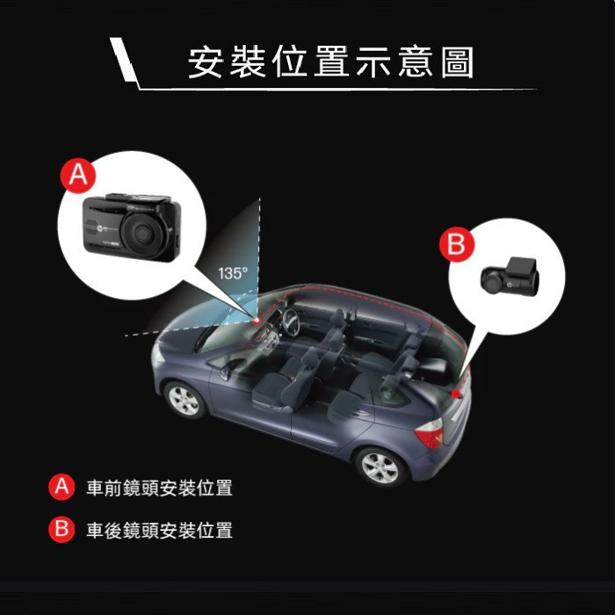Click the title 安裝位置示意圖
[x=330, y=62]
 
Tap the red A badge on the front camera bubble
[x=78, y=176]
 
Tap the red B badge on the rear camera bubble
[x=457, y=244]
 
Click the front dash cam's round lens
[x=142, y=234]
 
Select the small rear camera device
[x=510, y=277]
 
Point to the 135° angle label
[x=233, y=273]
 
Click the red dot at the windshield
[x=257, y=322]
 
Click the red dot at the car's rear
[x=456, y=394]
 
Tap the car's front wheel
[x=184, y=400]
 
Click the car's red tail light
[x=430, y=433]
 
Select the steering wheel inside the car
[x=291, y=322]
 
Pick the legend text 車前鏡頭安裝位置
[x=160, y=488]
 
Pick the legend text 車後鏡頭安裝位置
[x=160, y=530]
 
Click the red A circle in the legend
[x=61, y=487]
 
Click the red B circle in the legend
[x=61, y=529]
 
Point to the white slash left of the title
[x=123, y=60]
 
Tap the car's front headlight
[x=157, y=352]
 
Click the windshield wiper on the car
[x=205, y=336]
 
